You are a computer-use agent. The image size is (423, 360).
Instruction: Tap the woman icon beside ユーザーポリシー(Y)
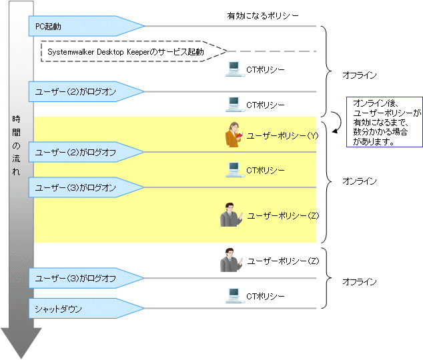(x=234, y=135)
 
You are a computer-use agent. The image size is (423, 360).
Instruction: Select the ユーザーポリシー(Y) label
(x=280, y=135)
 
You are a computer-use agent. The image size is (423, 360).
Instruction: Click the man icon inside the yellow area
(x=230, y=216)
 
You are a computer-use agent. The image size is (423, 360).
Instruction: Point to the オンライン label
(x=360, y=181)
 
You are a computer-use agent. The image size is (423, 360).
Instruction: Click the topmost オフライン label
(x=360, y=75)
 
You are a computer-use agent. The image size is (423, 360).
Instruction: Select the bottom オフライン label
(x=360, y=282)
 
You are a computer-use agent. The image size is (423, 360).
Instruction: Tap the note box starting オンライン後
(x=384, y=121)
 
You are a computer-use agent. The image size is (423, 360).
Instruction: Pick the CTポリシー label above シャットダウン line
(x=266, y=295)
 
